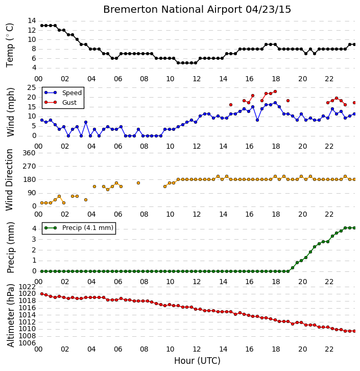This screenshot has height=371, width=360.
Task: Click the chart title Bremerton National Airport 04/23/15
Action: tap(197, 10)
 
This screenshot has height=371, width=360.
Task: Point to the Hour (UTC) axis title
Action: tap(197, 361)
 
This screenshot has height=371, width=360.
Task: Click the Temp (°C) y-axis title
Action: tap(10, 45)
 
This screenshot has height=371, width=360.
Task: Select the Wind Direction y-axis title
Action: tap(9, 179)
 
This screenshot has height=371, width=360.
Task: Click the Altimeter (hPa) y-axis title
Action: tap(10, 315)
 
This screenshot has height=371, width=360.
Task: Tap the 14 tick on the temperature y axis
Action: tap(32, 21)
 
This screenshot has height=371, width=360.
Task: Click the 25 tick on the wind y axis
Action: tap(32, 88)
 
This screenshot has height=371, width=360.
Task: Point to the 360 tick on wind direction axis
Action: tap(29, 153)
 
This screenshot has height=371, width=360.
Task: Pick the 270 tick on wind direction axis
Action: tap(29, 166)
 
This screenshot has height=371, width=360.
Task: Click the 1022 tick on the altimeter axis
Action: tap(27, 287)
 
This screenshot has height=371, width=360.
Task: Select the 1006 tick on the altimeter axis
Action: tap(27, 343)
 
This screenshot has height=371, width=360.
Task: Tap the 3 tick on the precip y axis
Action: tap(34, 239)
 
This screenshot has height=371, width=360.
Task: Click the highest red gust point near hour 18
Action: tap(275, 91)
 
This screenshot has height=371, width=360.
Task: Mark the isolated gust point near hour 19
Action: tap(288, 101)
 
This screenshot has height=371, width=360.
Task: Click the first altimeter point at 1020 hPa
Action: tap(42, 294)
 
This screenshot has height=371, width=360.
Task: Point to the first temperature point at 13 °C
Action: tap(42, 26)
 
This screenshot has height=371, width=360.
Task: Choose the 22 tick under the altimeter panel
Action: tap(329, 349)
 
